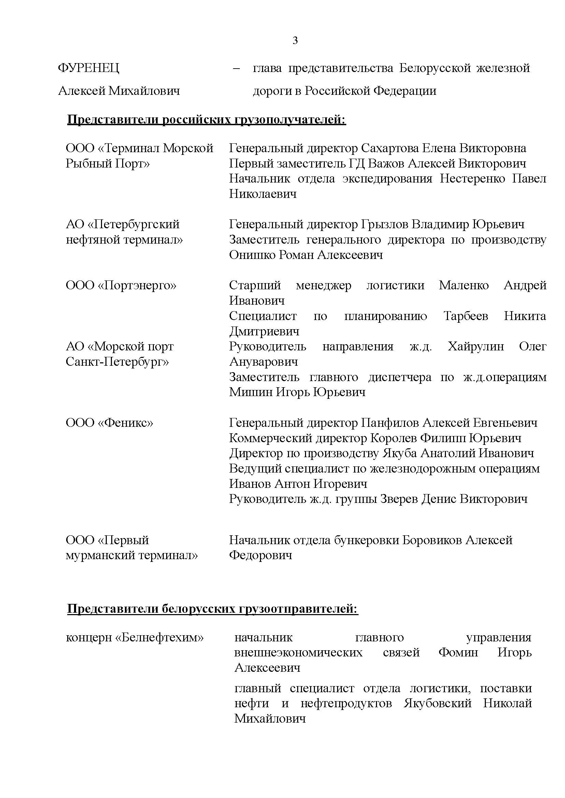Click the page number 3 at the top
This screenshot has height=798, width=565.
(x=295, y=41)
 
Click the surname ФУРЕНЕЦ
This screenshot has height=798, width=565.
(x=88, y=68)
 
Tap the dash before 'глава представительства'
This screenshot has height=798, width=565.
(x=236, y=68)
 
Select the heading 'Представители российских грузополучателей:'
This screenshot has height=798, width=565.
(x=206, y=120)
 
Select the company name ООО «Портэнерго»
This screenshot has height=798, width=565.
(x=121, y=286)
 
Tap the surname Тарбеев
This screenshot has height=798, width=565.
(x=465, y=316)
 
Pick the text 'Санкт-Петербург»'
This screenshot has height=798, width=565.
(x=117, y=362)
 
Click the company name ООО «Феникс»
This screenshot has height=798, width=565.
(x=109, y=423)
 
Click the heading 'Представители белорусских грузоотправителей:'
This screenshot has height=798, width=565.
(x=212, y=609)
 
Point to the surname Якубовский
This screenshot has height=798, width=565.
(x=437, y=703)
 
